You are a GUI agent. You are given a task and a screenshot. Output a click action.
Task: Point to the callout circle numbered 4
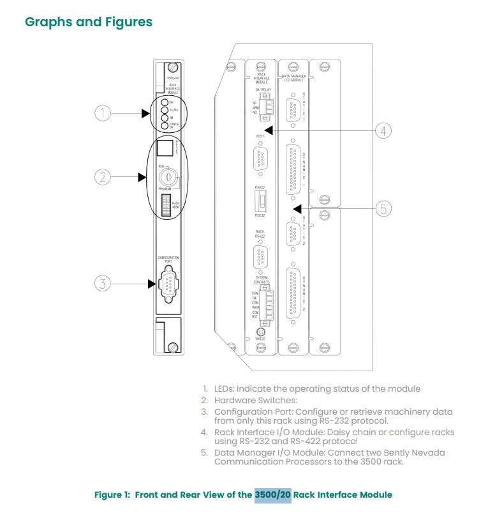[x=382, y=131]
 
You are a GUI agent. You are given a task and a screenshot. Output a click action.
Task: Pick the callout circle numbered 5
[x=382, y=208]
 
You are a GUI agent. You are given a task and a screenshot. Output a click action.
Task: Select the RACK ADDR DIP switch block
[x=166, y=205]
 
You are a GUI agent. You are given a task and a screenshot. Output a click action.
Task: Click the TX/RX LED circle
[x=165, y=110]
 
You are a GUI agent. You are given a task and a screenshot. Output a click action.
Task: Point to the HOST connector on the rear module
[x=260, y=157]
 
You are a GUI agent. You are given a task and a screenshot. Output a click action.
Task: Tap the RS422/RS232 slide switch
[x=260, y=201]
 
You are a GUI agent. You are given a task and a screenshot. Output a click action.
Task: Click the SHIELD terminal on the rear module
[x=260, y=331]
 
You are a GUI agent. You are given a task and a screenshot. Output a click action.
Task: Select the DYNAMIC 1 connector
[x=294, y=170]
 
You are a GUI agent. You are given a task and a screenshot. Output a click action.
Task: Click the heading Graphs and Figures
[x=88, y=22]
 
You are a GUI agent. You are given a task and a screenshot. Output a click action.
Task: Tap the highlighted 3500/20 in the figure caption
[x=272, y=495]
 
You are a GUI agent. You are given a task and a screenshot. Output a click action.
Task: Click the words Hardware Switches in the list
[x=251, y=400]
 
